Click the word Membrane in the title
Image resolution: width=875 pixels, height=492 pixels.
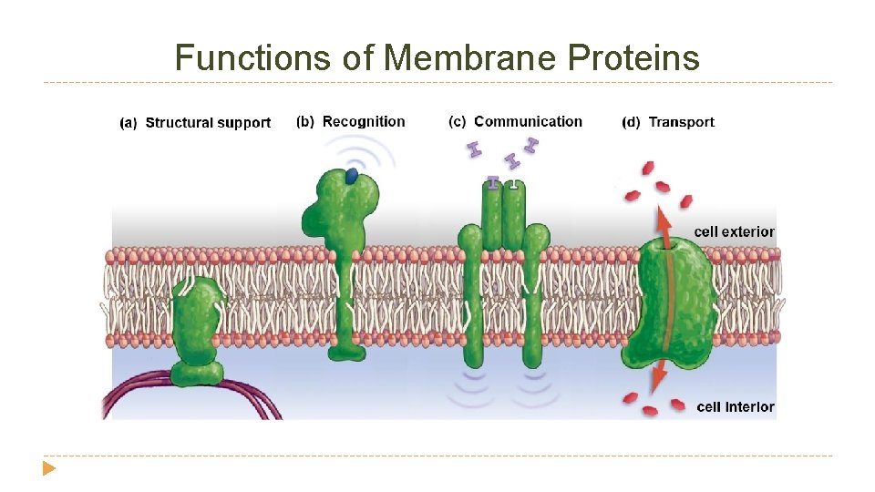pos(470,58)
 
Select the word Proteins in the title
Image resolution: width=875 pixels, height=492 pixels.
pos(633,58)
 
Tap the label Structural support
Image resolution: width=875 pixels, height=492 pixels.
pos(208,123)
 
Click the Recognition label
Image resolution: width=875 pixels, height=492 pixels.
pos(364,121)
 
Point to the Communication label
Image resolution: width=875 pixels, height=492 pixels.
pos(528,121)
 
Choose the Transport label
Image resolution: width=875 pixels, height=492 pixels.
pos(681,122)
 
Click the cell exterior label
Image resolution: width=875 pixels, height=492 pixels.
pos(734,231)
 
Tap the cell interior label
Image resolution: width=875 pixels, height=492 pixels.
pos(735,406)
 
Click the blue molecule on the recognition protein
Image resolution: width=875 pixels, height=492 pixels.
pos(351,176)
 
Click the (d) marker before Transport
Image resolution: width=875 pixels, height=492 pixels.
pos(631,122)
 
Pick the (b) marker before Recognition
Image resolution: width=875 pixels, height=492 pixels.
pos(305,121)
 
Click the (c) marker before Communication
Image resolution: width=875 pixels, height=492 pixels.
pos(458,121)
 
